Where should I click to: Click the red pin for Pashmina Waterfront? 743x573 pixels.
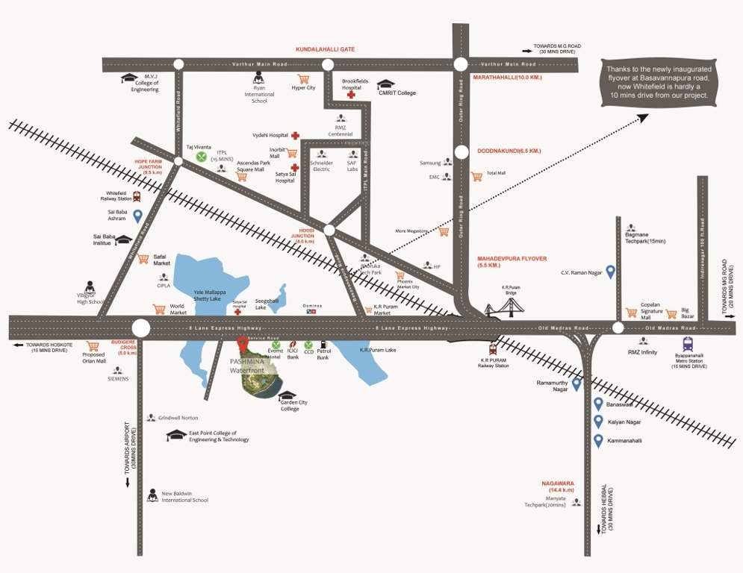coord(242,344)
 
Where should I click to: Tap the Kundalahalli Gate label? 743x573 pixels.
coord(325,49)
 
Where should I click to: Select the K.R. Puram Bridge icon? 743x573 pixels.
coord(504,307)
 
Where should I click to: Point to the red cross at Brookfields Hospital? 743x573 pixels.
coord(350,95)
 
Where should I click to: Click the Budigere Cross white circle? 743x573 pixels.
coord(140,328)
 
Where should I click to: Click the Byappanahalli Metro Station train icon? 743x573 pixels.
coord(687,344)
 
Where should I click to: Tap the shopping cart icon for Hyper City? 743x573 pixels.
coord(303,79)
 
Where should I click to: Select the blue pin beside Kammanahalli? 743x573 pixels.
coord(598,440)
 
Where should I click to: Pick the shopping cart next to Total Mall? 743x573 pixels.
coord(476,177)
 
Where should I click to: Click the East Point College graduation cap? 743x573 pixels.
coord(176,435)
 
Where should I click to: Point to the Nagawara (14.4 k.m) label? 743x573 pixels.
coord(558,486)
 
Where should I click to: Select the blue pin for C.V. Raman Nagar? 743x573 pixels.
coord(610,272)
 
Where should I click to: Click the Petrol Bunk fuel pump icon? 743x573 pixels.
coord(323,345)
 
